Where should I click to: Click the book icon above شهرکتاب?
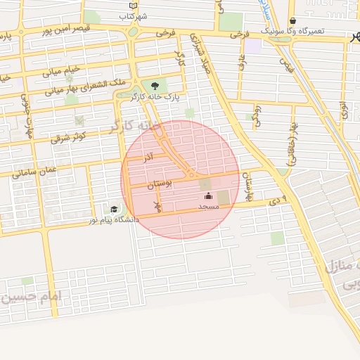click(x=133, y=5)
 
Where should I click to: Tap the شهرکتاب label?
click(x=133, y=15)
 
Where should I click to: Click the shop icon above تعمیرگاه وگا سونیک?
click(x=292, y=21)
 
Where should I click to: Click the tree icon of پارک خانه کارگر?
click(x=155, y=86)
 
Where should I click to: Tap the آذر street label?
click(x=148, y=157)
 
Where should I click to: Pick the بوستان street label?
click(x=160, y=184)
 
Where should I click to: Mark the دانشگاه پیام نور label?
click(x=113, y=220)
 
